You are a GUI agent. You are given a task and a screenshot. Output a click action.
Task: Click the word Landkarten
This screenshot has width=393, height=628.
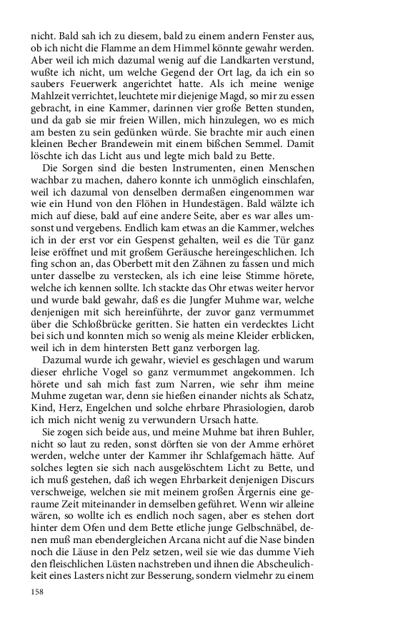pyautogui.click(x=262, y=61)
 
